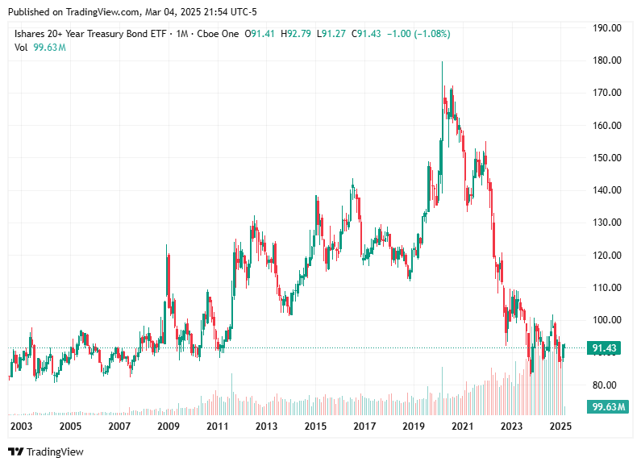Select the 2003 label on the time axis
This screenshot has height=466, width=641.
click(21, 426)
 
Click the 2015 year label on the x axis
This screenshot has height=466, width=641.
click(315, 426)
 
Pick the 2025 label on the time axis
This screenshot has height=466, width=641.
click(561, 426)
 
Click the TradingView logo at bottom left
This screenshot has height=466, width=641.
click(46, 451)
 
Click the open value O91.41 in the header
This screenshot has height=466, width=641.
click(263, 34)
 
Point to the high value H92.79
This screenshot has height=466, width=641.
click(298, 34)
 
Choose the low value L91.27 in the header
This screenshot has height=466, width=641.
click(331, 34)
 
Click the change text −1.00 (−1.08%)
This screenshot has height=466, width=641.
click(418, 34)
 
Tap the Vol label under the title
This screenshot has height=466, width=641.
click(21, 48)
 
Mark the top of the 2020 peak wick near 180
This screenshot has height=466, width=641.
click(442, 62)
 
